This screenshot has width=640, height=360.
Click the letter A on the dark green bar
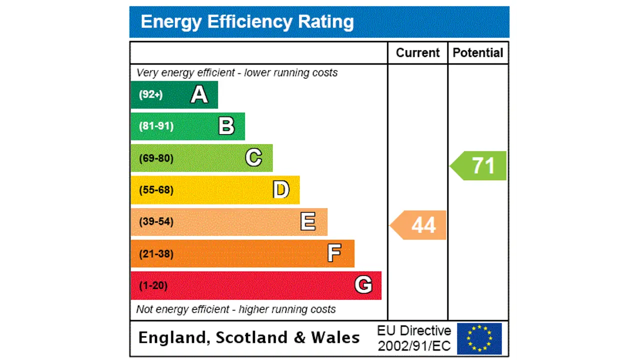(199, 94)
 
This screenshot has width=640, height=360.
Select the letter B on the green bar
(226, 126)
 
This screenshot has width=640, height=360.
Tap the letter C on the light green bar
(253, 158)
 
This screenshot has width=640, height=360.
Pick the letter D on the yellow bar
(281, 190)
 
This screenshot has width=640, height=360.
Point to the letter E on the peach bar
(308, 221)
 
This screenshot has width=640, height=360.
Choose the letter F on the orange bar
(334, 253)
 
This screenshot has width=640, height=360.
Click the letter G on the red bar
(363, 285)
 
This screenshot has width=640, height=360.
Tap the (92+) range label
(151, 94)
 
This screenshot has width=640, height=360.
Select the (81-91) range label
(156, 126)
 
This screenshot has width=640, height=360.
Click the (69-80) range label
(156, 158)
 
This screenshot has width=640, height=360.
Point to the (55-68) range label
(156, 190)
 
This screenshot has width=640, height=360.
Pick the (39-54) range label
(156, 221)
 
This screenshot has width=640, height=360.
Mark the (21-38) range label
(156, 254)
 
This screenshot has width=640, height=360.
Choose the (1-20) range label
(153, 285)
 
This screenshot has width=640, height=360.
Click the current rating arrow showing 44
(419, 225)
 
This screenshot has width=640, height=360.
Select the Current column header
(417, 53)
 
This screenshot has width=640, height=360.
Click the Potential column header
(478, 53)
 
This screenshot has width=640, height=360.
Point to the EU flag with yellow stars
(479, 338)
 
